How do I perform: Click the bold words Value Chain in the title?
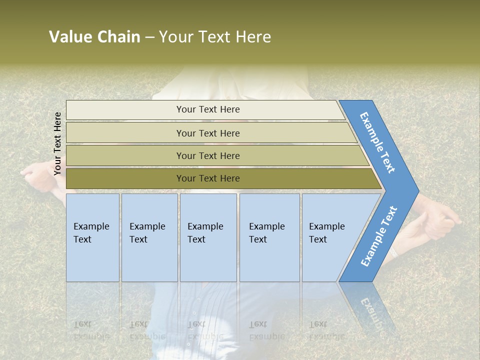click(94, 37)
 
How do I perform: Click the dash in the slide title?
click(149, 37)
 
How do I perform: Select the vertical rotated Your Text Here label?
click(57, 143)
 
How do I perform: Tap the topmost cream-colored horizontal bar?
click(208, 109)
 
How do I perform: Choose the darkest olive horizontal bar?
click(208, 178)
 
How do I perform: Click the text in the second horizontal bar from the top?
click(208, 133)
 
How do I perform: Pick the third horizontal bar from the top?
click(208, 156)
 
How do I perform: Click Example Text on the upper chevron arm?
click(377, 142)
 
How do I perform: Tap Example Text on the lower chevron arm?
click(378, 236)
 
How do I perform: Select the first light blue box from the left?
click(92, 237)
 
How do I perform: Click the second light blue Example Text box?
click(149, 237)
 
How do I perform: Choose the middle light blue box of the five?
click(208, 237)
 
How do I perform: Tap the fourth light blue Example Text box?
click(269, 237)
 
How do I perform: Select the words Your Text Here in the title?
click(215, 37)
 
